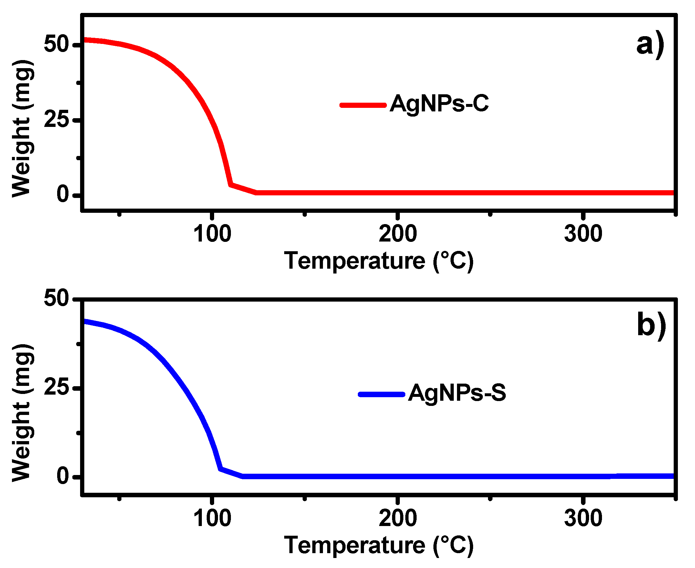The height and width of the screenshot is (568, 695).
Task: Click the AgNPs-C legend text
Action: tap(439, 104)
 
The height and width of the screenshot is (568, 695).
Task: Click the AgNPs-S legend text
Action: tap(457, 393)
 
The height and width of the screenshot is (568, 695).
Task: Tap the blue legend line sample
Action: tap(381, 394)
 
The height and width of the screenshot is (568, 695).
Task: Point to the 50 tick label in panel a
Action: tap(56, 44)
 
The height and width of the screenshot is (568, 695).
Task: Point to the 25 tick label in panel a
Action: tap(56, 120)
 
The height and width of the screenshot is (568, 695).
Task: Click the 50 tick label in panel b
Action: tap(56, 298)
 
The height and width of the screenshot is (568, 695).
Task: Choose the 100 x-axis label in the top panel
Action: tap(212, 234)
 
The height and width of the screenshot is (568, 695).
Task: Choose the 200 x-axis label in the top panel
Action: tap(398, 234)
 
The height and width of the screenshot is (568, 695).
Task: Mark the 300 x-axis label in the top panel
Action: tap(583, 234)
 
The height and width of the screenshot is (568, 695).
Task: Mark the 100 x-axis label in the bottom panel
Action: tap(212, 519)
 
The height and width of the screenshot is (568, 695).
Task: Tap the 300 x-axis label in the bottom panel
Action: tap(583, 519)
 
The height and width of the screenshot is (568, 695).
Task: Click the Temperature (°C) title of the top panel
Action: tap(379, 261)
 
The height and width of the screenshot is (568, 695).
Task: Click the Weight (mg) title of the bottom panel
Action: tap(22, 413)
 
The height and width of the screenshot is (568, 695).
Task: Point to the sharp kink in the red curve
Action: tap(230, 185)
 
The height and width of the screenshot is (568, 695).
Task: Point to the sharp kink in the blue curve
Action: tap(220, 469)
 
